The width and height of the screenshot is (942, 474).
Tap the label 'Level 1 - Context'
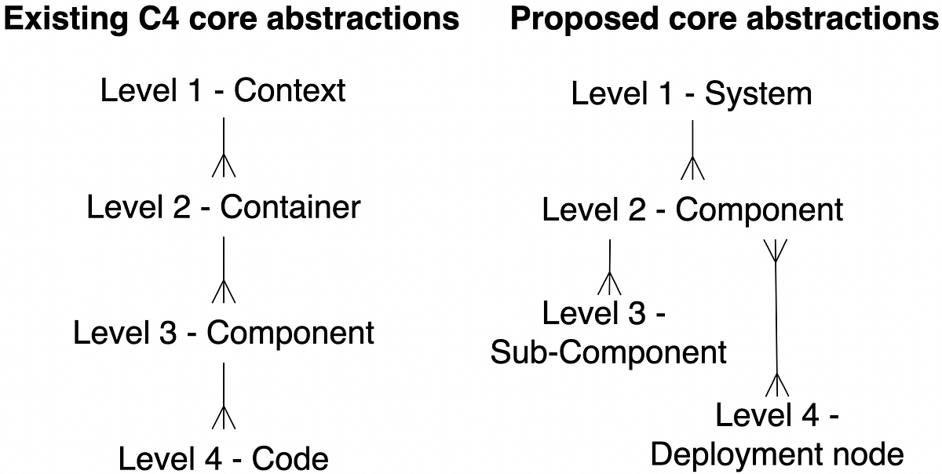223,91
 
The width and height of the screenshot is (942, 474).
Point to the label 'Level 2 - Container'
224,208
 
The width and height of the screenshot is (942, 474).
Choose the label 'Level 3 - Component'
224,333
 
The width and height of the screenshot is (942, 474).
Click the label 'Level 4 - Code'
224,458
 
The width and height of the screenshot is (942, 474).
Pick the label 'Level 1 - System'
692,94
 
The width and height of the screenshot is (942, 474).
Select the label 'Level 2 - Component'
692,210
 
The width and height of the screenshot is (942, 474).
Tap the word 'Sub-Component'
608,353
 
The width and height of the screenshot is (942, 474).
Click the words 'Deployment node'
777,454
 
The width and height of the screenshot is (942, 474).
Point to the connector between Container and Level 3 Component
225,270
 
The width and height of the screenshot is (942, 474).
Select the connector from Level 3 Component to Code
225,396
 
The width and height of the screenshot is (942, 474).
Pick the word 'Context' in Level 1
290,91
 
